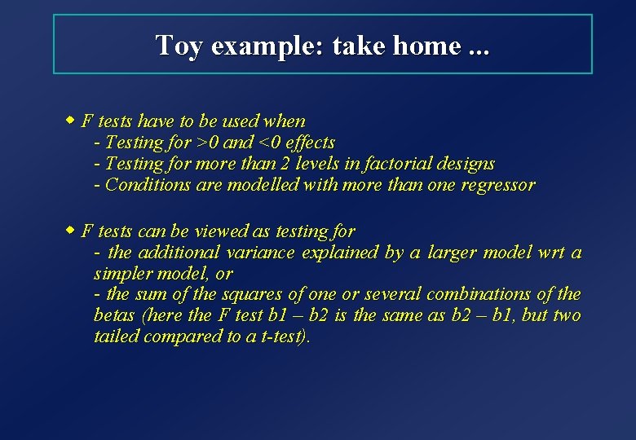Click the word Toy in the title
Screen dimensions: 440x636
click(x=179, y=46)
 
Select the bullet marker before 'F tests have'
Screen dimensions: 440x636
click(x=71, y=121)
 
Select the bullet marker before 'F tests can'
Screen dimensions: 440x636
click(x=71, y=231)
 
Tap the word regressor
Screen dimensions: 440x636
click(x=497, y=185)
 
